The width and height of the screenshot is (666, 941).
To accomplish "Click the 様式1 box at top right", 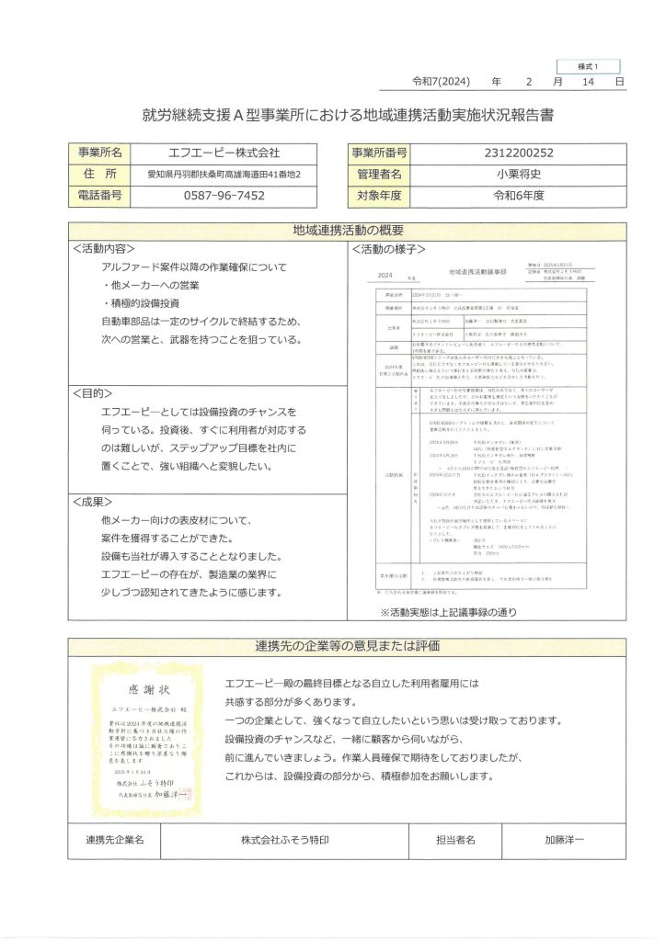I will [x=588, y=67].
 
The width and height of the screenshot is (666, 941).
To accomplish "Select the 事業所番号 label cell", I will [x=378, y=153].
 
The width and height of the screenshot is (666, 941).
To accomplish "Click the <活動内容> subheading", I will [x=105, y=248].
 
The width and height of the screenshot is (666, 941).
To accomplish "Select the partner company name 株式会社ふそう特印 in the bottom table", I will [x=284, y=839].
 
